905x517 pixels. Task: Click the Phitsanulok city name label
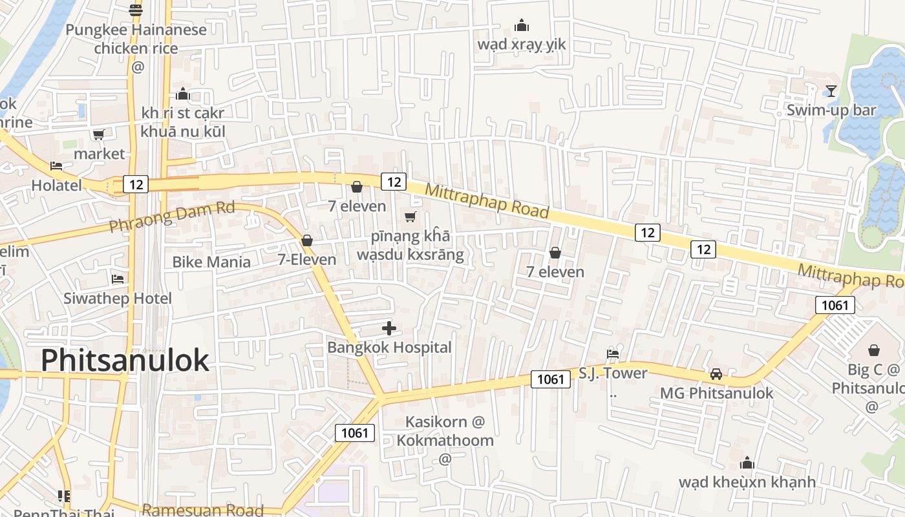coord(125,361)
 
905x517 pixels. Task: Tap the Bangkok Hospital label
coord(389,347)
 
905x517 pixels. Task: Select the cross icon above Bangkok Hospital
coord(389,328)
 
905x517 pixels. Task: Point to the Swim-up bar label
coord(831,110)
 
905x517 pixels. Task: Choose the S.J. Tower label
coord(612,373)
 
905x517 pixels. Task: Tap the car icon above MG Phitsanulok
coord(716,374)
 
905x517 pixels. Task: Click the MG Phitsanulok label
coord(716,393)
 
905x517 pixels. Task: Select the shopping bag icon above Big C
coord(874,350)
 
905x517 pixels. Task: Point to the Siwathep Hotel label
coord(118,298)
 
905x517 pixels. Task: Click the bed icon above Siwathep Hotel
coord(118,279)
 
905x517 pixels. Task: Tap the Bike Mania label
coord(211,262)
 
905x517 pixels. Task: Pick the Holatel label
coord(57,185)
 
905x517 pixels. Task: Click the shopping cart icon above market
coord(98,134)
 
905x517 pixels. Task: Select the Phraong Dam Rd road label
coord(171,216)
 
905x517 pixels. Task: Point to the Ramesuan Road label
coord(202,510)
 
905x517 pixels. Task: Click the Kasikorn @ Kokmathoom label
coord(445,431)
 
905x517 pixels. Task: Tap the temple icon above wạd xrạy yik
coord(522,26)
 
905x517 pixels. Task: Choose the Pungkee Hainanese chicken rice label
coord(136,39)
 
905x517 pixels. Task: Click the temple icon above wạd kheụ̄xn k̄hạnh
coord(747,463)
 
